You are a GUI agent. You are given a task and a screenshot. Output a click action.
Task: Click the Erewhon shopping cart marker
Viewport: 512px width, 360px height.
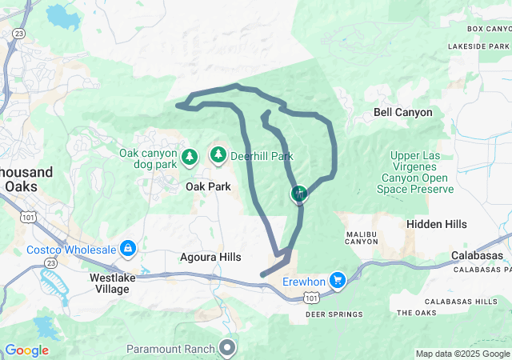338,280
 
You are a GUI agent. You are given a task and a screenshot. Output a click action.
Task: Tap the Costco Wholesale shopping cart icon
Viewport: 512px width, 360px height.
127,249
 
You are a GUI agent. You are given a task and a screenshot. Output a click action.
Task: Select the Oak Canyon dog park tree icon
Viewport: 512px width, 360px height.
190,156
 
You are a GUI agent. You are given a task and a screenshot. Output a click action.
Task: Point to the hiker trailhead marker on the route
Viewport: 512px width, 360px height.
299,193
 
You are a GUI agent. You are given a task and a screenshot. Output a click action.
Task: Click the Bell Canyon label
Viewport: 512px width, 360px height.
402,113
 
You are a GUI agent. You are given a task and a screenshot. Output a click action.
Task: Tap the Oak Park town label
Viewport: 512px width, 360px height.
208,186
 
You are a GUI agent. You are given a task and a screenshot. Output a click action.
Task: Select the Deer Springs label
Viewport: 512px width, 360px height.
333,314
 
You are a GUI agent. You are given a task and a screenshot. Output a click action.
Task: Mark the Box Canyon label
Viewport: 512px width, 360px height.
487,29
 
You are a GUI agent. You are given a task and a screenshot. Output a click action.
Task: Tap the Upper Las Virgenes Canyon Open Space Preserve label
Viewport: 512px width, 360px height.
422,173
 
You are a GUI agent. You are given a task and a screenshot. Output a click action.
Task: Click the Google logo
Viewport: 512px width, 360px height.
26,350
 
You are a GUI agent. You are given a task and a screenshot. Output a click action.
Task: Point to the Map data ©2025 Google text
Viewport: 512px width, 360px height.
462,354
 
